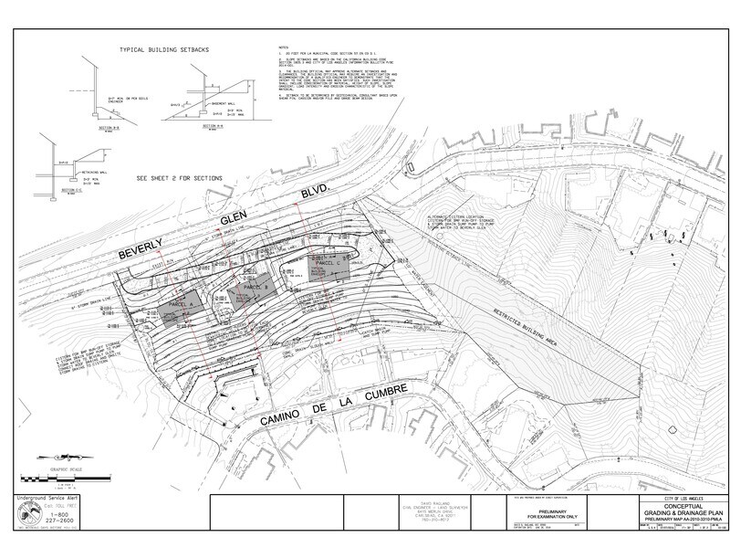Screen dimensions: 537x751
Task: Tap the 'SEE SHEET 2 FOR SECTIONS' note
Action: pos(179,178)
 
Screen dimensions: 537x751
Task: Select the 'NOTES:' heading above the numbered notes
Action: pos(286,46)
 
